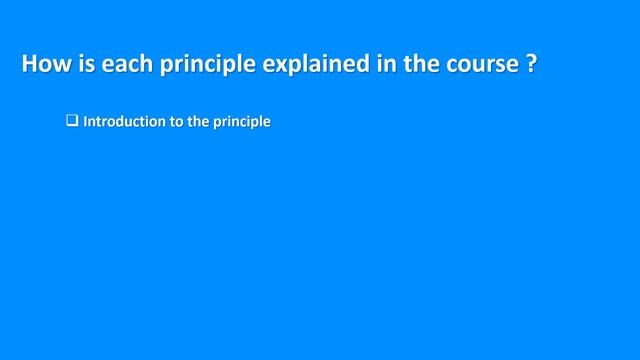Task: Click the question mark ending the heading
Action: click(x=530, y=65)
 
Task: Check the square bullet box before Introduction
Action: click(x=72, y=122)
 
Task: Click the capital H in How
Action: click(x=30, y=65)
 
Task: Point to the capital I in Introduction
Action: click(x=86, y=123)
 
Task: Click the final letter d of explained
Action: click(x=365, y=65)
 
